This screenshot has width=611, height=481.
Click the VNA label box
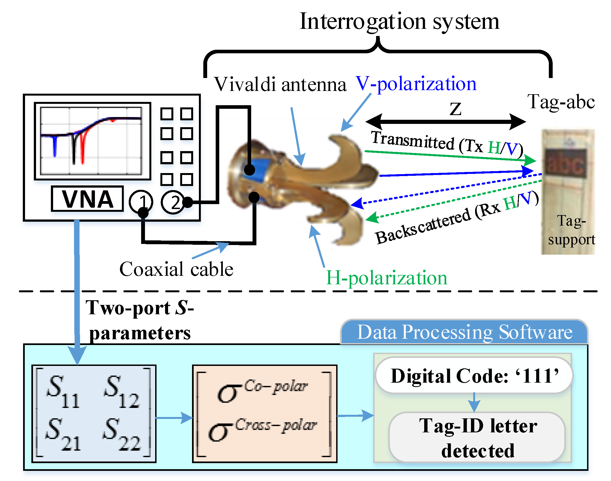pos(87,199)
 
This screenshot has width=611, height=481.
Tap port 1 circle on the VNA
pos(141,202)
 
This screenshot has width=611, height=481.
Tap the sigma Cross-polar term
pos(262,429)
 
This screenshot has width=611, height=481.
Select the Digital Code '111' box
pos(474,375)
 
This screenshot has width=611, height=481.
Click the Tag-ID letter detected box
pos(477,437)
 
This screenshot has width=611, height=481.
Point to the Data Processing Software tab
pos(464,332)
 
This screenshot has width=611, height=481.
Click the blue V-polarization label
pos(416,84)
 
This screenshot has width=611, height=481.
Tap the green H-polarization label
pos(387,278)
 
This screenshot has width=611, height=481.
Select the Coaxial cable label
pos(176,269)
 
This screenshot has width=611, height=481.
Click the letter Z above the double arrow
pos(456,109)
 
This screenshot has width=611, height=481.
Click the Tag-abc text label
pos(561,102)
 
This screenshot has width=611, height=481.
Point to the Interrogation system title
pos(399,22)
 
